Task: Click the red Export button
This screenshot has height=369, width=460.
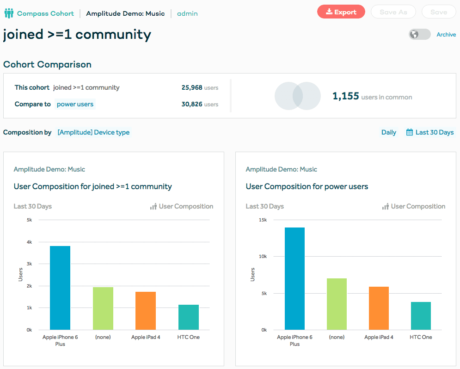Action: click(x=341, y=12)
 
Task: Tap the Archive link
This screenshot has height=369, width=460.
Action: click(x=446, y=35)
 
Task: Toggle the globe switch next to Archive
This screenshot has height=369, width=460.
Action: click(x=419, y=35)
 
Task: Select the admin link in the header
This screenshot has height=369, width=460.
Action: click(x=187, y=13)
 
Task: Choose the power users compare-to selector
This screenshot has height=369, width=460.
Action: click(x=75, y=104)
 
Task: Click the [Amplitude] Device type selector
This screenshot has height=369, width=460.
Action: click(x=93, y=132)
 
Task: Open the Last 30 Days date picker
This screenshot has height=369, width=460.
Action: click(x=430, y=132)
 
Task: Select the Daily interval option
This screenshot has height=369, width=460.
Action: click(x=388, y=132)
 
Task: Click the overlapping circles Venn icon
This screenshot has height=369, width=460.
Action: click(x=298, y=96)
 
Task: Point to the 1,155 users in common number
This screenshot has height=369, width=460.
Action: click(x=346, y=96)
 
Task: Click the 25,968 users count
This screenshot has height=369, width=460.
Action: click(x=192, y=87)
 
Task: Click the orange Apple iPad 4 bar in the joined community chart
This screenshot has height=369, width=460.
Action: click(x=146, y=310)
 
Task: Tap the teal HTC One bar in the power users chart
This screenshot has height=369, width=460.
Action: click(x=421, y=315)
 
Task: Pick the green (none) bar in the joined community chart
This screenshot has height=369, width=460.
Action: click(x=103, y=308)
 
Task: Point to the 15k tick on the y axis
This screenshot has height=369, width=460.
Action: click(x=263, y=220)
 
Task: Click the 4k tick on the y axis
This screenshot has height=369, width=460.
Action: click(x=29, y=242)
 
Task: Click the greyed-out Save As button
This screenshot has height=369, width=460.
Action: click(x=393, y=12)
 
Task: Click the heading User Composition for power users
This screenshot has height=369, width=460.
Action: click(x=307, y=186)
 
